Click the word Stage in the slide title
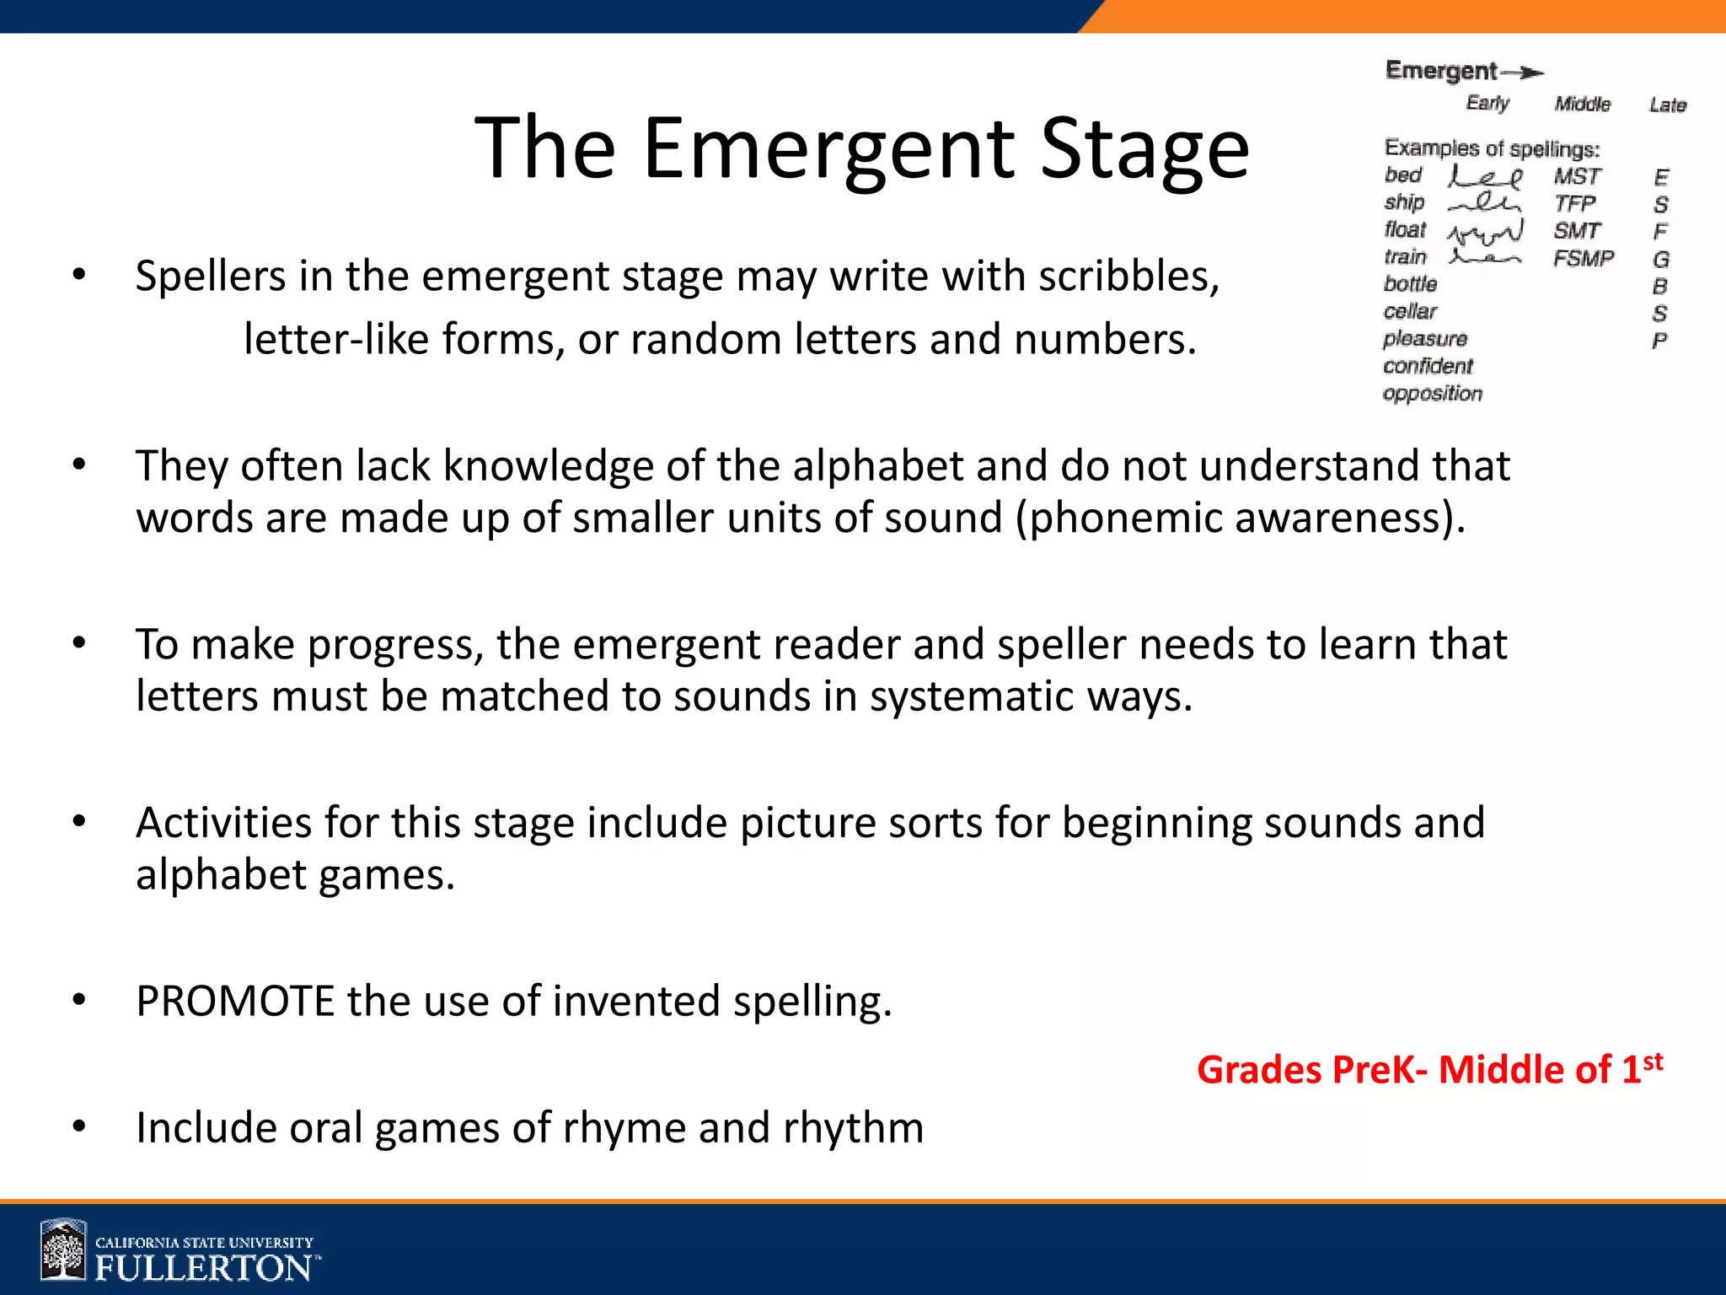pyautogui.click(x=1144, y=150)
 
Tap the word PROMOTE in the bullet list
pyautogui.click(x=236, y=1002)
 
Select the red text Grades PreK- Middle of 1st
pyautogui.click(x=1429, y=1069)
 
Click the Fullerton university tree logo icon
pyautogui.click(x=64, y=1251)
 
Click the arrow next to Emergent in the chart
pyautogui.click(x=1524, y=73)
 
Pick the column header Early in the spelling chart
pyautogui.click(x=1487, y=104)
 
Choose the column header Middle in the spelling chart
pyautogui.click(x=1582, y=105)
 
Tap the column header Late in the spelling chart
pyautogui.click(x=1668, y=105)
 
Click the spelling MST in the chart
pyautogui.click(x=1577, y=177)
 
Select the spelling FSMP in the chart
pyautogui.click(x=1584, y=258)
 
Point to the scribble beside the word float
pyautogui.click(x=1486, y=231)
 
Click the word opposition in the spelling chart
pyautogui.click(x=1432, y=394)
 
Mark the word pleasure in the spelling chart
pyautogui.click(x=1425, y=339)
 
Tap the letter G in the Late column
pyautogui.click(x=1660, y=260)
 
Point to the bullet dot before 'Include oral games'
pyautogui.click(x=79, y=1126)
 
